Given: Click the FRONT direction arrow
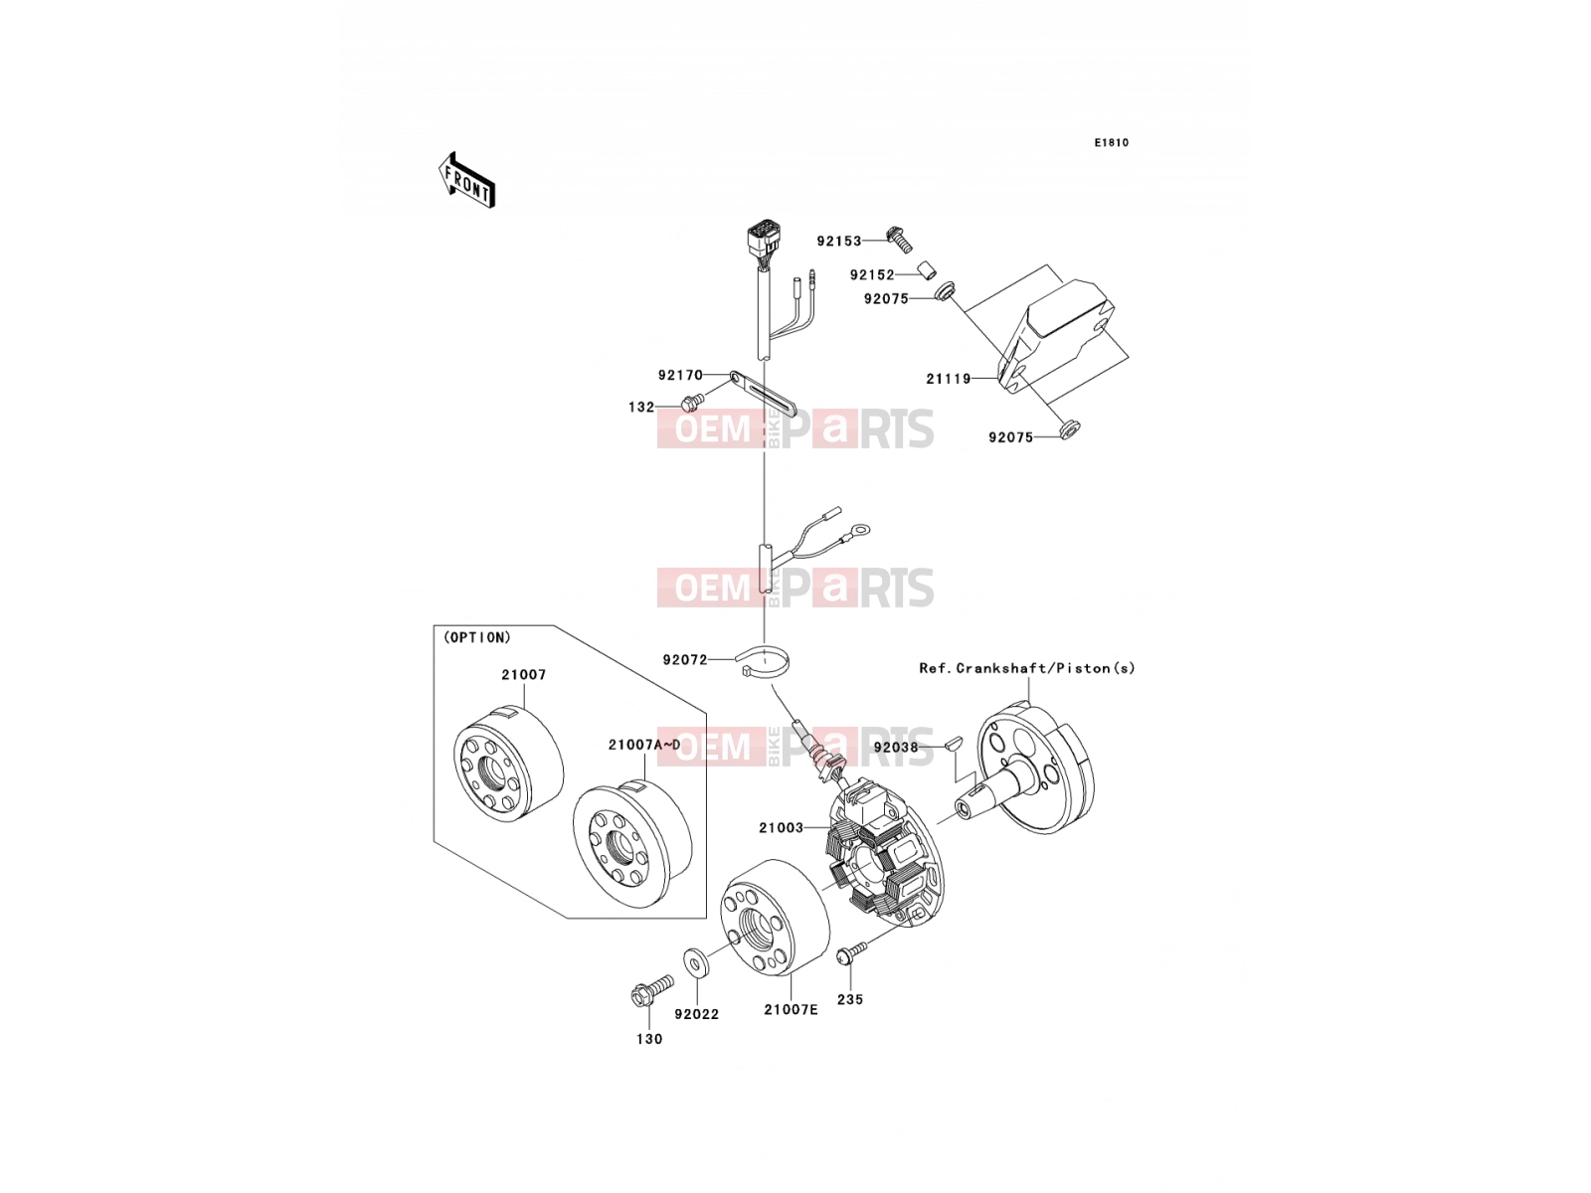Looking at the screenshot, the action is pyautogui.click(x=466, y=181).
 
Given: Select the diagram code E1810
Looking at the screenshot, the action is pyautogui.click(x=1111, y=143).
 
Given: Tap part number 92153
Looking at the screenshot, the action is pyautogui.click(x=838, y=242).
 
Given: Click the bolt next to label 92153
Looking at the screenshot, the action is pyautogui.click(x=900, y=240).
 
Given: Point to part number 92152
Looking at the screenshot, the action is pyautogui.click(x=872, y=275).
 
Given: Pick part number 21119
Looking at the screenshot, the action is pyautogui.click(x=948, y=379).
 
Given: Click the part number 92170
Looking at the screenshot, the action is pyautogui.click(x=680, y=375).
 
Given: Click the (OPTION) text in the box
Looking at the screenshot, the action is pyautogui.click(x=477, y=637).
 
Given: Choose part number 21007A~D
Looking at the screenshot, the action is pyautogui.click(x=644, y=745).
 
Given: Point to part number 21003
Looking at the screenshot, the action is pyautogui.click(x=781, y=828).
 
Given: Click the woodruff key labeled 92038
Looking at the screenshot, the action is pyautogui.click(x=954, y=742).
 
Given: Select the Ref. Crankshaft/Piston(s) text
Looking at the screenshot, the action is pyautogui.click(x=1027, y=668).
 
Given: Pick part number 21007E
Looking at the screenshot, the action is pyautogui.click(x=791, y=1009).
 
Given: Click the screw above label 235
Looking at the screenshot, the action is pyautogui.click(x=851, y=951).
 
